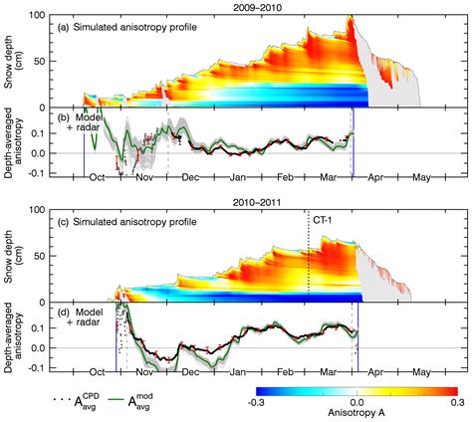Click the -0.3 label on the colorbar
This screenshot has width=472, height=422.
click(x=257, y=403)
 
